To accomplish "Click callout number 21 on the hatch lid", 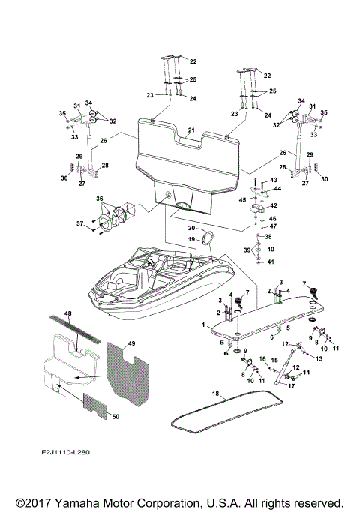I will click(x=191, y=130).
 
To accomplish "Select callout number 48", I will click(x=68, y=313).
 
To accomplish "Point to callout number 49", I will click(x=132, y=343).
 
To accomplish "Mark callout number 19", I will click(x=191, y=239).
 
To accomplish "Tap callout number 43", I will click(x=274, y=180).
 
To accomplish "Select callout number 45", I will click(x=244, y=199).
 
